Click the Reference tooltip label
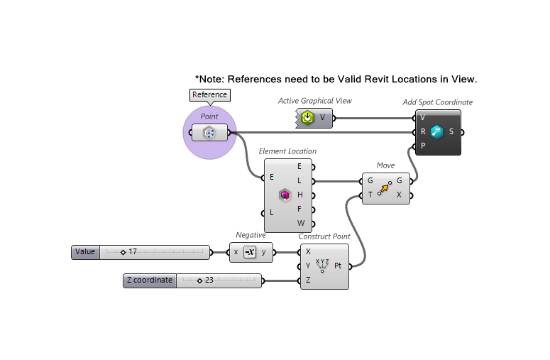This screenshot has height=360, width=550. (x=210, y=95)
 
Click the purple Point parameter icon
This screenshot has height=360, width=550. (x=209, y=133)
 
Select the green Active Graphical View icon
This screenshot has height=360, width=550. (x=307, y=117)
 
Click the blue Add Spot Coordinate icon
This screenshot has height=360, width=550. (x=436, y=131)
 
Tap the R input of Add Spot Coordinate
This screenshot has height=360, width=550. (x=423, y=131)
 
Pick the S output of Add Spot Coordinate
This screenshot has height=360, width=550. (x=451, y=131)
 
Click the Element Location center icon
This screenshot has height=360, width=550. (x=285, y=195)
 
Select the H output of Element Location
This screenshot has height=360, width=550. (x=300, y=195)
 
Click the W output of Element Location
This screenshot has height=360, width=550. (x=301, y=223)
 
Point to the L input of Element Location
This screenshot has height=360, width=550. (x=271, y=212)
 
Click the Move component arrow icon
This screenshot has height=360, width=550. (x=384, y=188)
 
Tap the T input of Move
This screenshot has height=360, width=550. (x=370, y=195)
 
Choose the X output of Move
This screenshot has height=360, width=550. (x=399, y=195)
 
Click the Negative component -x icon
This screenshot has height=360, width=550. (x=249, y=252)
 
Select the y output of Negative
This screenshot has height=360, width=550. (x=264, y=252)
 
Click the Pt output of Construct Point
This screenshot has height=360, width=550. (x=339, y=266)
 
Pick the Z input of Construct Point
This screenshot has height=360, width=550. (x=308, y=280)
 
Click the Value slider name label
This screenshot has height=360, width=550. (x=85, y=252)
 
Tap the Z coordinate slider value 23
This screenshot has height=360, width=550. (x=209, y=280)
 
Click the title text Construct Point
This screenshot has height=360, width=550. (x=324, y=236)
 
